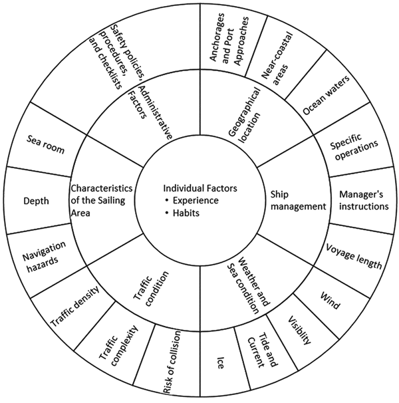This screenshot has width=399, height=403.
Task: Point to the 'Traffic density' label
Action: tap(74, 307)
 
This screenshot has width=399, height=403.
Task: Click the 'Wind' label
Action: tap(329, 301)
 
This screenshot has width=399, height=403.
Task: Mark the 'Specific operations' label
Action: tap(354, 144)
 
